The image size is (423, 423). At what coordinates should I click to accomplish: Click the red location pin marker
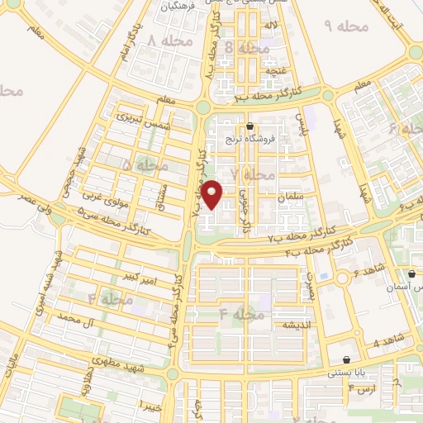(x=214, y=195)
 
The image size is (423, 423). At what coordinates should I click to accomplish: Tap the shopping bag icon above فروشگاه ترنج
(x=250, y=126)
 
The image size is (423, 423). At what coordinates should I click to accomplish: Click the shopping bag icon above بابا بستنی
(x=345, y=359)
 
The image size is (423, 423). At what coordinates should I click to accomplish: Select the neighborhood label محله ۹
(x=345, y=27)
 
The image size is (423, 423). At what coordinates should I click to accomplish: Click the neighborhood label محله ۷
(x=252, y=175)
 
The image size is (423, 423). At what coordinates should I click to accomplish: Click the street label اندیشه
(x=295, y=326)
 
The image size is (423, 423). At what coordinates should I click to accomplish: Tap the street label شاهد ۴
(x=387, y=341)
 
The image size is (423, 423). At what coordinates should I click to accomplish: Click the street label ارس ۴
(x=362, y=388)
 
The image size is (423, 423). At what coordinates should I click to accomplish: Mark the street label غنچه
(x=271, y=71)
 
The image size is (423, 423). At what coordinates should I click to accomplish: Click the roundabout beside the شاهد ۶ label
(x=340, y=278)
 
